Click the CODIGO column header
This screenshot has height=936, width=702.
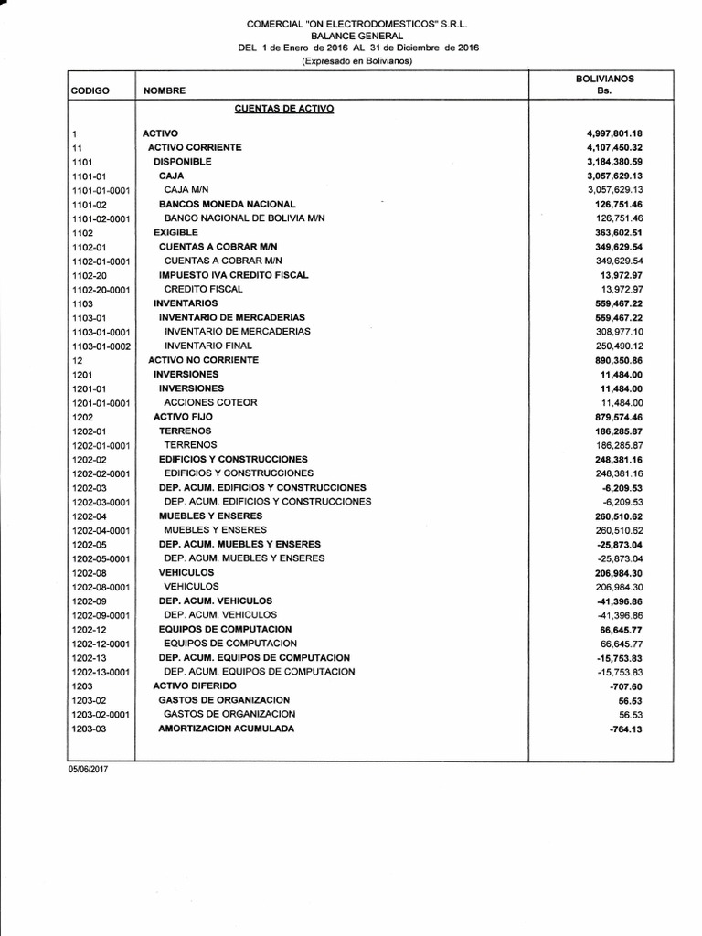[x=90, y=91]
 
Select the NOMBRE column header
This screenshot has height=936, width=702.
[x=165, y=91]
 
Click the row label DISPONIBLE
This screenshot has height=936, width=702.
[x=183, y=161]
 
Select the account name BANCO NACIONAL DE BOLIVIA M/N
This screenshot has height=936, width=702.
[x=244, y=218]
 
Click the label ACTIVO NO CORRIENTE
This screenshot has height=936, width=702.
[x=203, y=360]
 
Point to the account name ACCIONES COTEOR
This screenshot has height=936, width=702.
[x=210, y=402]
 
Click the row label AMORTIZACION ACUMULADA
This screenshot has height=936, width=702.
[x=227, y=729]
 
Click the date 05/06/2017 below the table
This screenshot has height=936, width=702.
[x=87, y=770]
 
